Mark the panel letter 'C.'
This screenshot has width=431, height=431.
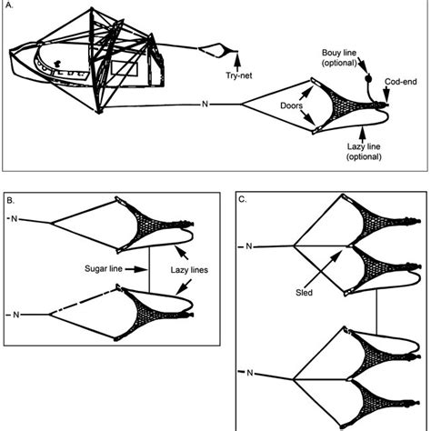tap(244, 199)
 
